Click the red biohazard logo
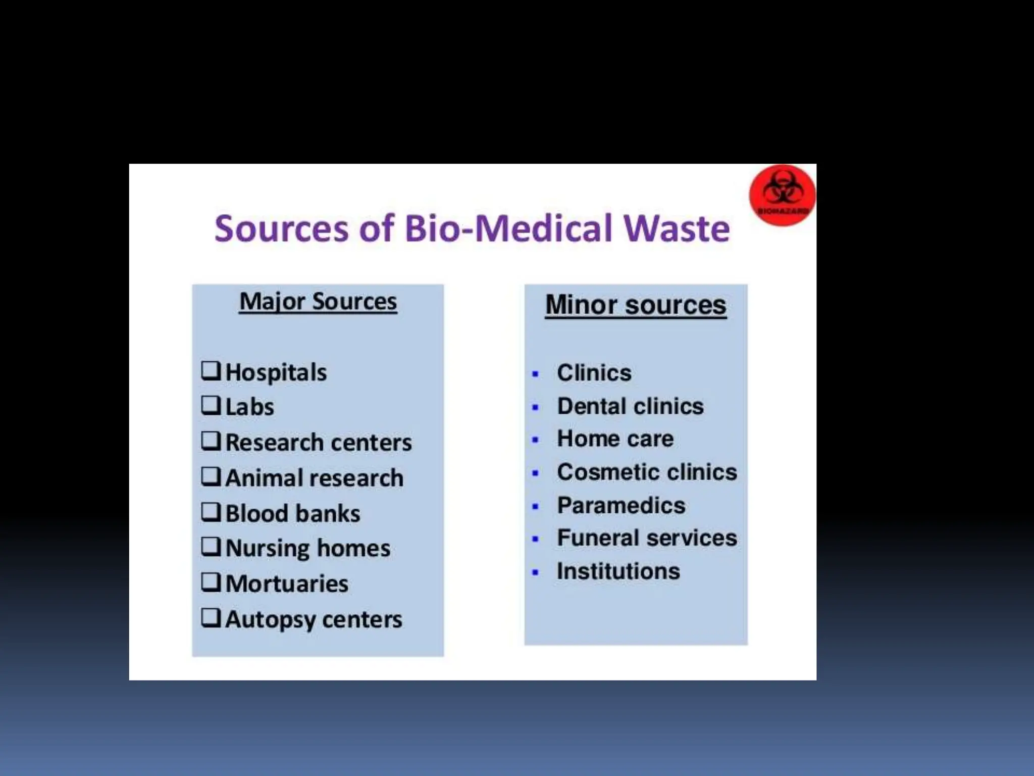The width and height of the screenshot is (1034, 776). pyautogui.click(x=782, y=195)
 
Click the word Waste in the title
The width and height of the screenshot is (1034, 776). pyautogui.click(x=676, y=229)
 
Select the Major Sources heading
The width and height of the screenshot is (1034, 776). pyautogui.click(x=318, y=302)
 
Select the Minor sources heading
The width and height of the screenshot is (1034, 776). pyautogui.click(x=636, y=305)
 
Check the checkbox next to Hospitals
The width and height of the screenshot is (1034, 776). pyautogui.click(x=211, y=370)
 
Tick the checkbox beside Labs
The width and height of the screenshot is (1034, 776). pyautogui.click(x=211, y=405)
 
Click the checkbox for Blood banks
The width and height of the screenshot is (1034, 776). pyautogui.click(x=211, y=512)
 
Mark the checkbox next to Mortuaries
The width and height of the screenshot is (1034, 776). pyautogui.click(x=211, y=582)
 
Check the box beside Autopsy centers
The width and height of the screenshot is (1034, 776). pyautogui.click(x=211, y=617)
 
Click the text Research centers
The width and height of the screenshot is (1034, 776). pyautogui.click(x=319, y=443)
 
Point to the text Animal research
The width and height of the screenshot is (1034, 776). pyautogui.click(x=314, y=478)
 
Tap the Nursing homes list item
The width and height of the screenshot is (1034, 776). pyautogui.click(x=307, y=548)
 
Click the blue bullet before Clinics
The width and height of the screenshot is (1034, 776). pyautogui.click(x=536, y=374)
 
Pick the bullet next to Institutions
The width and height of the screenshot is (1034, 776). pyautogui.click(x=536, y=573)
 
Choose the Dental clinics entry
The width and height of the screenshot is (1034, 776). pyautogui.click(x=630, y=406)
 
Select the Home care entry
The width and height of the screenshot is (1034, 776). pyautogui.click(x=615, y=439)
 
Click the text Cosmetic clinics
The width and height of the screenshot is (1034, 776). pyautogui.click(x=647, y=472)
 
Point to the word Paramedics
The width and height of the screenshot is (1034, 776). pyautogui.click(x=621, y=505)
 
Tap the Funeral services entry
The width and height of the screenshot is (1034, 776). pyautogui.click(x=647, y=538)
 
